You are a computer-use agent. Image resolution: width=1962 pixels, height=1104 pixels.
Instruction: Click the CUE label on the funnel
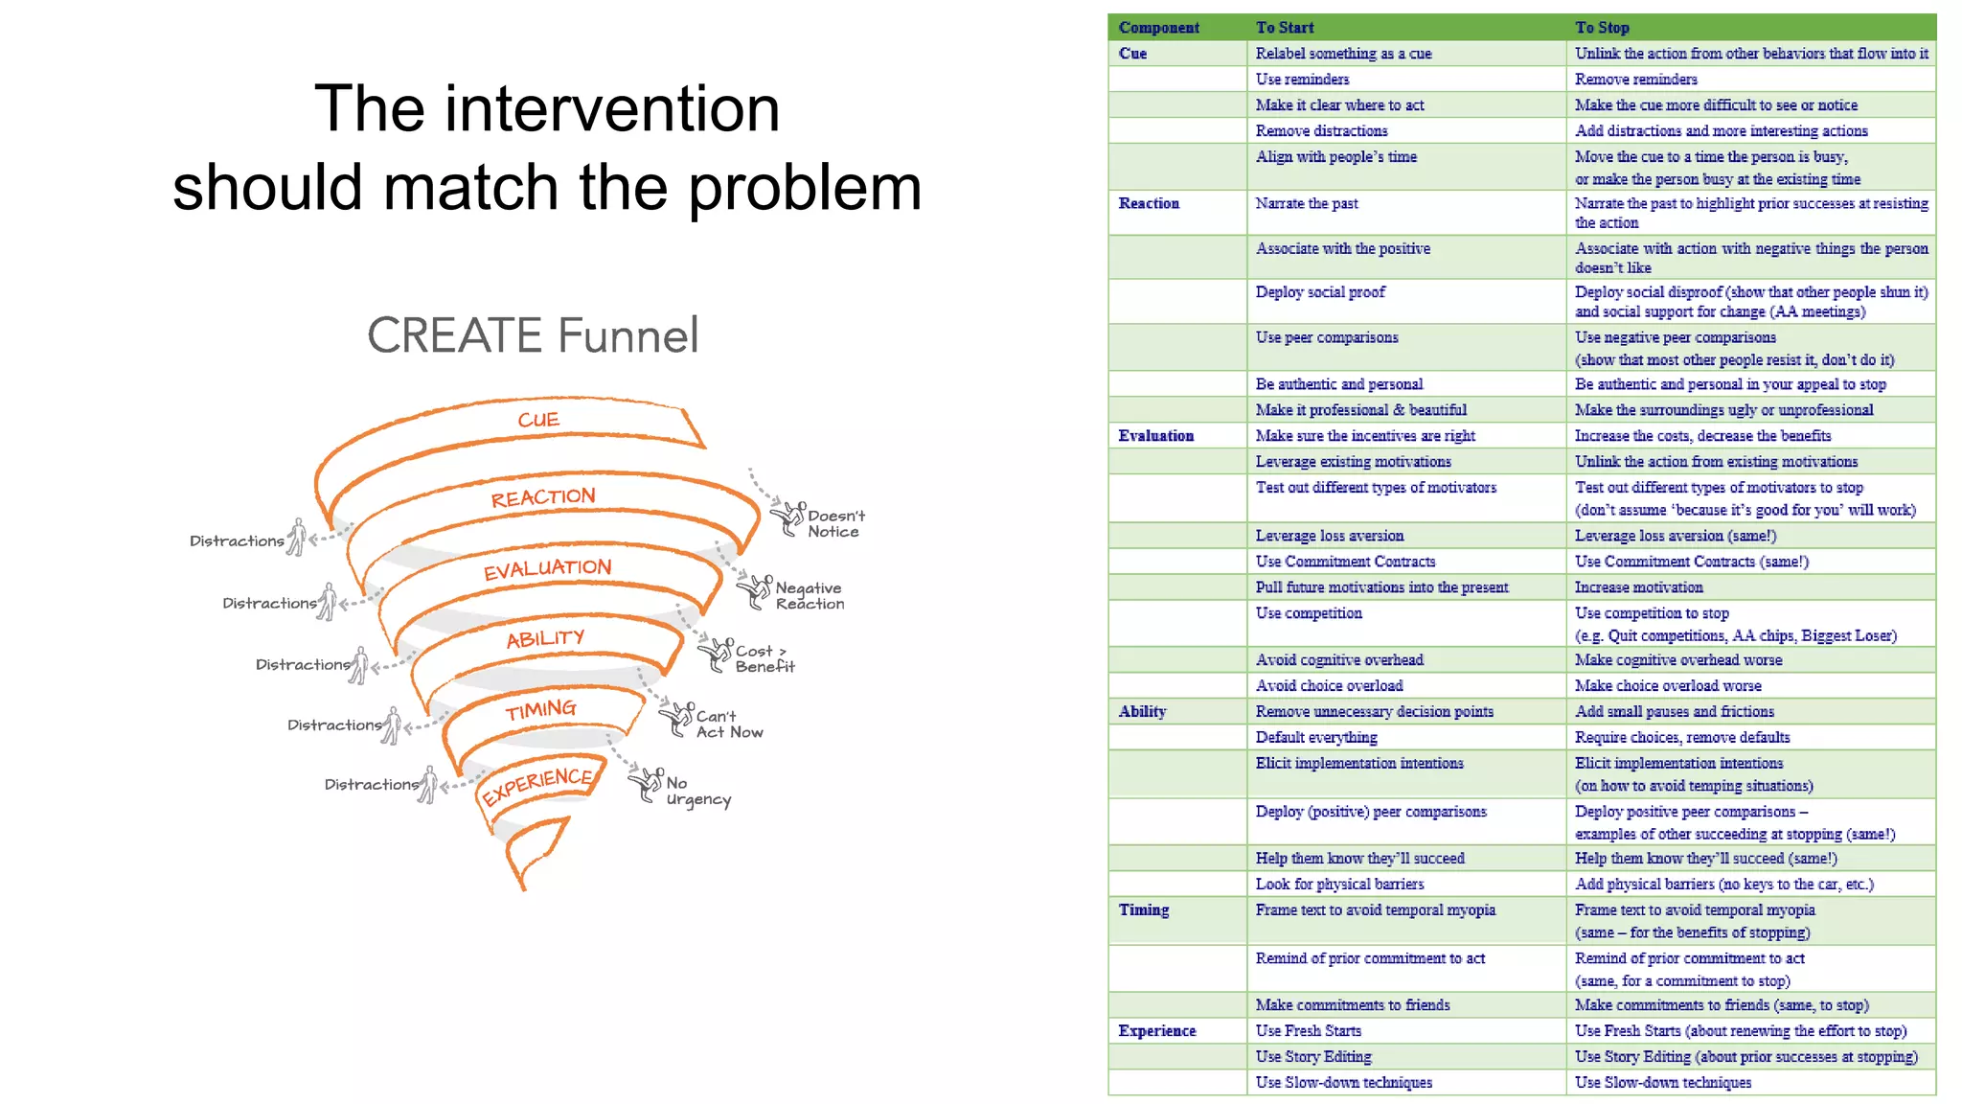(538, 420)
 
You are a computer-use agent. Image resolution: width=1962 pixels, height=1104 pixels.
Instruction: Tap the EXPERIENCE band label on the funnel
(536, 785)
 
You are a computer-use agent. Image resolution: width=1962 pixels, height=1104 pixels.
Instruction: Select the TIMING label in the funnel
(541, 710)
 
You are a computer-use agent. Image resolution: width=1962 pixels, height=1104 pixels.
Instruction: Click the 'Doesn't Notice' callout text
(834, 523)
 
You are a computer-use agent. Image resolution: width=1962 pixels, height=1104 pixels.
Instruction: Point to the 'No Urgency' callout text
(697, 791)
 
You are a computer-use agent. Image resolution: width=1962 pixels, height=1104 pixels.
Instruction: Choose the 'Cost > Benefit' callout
(764, 658)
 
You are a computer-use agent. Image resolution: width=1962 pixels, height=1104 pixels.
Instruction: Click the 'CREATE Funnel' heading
(533, 335)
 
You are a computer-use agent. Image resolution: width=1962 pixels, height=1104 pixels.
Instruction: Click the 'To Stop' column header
(1602, 28)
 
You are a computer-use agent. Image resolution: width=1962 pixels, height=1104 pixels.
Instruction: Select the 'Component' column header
(1158, 28)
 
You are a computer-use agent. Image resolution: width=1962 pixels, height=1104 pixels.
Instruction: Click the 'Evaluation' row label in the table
(1155, 436)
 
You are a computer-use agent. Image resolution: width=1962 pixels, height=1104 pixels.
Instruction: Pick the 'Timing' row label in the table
(1144, 909)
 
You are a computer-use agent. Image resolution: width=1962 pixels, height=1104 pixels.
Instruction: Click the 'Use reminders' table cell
(1302, 80)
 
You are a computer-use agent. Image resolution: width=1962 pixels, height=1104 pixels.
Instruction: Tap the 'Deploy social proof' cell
(1320, 292)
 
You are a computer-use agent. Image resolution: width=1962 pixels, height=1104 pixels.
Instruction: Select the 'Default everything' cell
(1316, 737)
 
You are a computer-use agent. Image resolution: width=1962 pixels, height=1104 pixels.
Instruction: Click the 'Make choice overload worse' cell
(1668, 686)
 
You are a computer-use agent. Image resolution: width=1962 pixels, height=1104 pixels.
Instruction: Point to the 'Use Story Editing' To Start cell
(1313, 1056)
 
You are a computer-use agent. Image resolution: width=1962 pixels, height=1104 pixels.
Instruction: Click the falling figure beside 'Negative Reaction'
(755, 591)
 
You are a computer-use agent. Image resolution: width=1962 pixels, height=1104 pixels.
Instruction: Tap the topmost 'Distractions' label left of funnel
(237, 541)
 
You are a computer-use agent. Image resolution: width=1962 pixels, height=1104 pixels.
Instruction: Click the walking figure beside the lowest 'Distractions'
(428, 785)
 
